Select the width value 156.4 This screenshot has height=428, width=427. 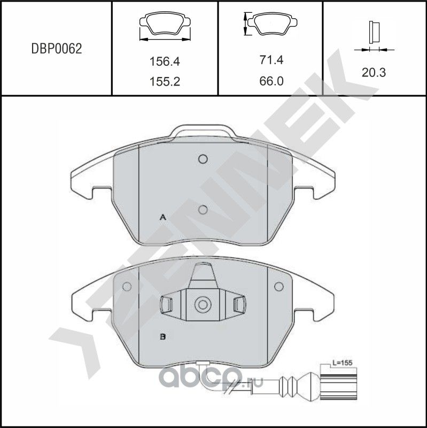[164, 62]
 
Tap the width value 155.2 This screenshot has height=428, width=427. [164, 81]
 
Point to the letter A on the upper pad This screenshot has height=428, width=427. [164, 217]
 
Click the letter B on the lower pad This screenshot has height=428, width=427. [164, 337]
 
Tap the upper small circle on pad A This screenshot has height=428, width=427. [202, 159]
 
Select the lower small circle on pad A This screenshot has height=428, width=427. [202, 210]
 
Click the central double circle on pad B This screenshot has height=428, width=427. [202, 305]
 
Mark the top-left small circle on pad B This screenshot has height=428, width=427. [127, 287]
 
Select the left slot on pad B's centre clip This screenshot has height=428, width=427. [166, 304]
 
